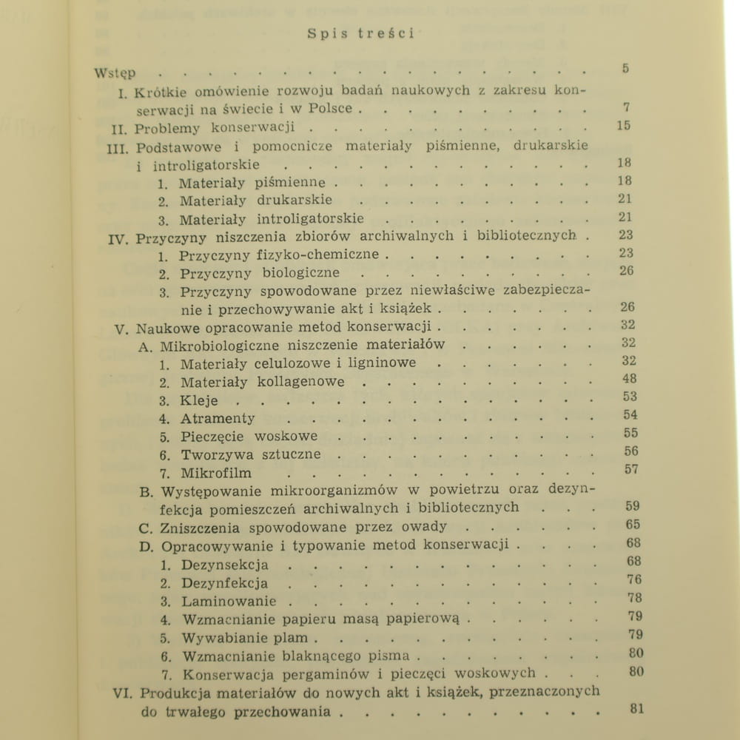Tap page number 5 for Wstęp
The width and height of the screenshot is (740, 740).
click(625, 70)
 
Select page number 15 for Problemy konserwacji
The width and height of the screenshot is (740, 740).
click(623, 126)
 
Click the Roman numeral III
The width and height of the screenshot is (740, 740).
click(118, 147)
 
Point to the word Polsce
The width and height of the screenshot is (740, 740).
click(331, 109)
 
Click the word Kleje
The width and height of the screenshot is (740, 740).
click(200, 400)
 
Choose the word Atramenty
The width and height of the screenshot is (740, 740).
click(219, 418)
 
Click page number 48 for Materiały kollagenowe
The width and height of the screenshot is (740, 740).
click(630, 379)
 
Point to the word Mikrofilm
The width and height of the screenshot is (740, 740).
click(216, 473)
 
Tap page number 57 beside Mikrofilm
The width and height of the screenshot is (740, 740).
click(630, 469)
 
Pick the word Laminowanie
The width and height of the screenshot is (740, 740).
click(228, 601)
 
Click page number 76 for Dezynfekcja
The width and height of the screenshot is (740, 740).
click(633, 580)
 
